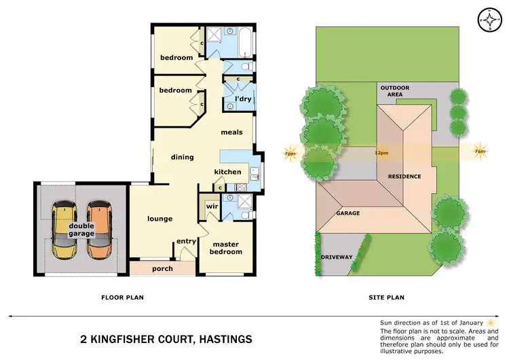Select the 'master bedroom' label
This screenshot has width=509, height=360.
click(x=227, y=248)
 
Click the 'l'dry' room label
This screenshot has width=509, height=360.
click(x=243, y=99)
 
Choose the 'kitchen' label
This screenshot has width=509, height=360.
click(x=227, y=172)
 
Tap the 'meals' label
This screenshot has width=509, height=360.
click(x=232, y=132)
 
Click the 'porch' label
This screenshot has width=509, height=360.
click(x=162, y=269)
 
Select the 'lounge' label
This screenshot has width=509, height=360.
click(x=160, y=219)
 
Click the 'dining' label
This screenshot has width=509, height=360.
click(x=183, y=157)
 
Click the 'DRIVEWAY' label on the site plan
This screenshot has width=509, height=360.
click(x=337, y=257)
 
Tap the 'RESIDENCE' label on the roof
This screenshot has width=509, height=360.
click(x=404, y=177)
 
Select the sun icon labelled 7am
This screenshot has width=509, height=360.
click(x=480, y=152)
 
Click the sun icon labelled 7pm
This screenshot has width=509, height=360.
click(x=290, y=154)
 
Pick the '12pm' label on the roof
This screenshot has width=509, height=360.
click(x=381, y=153)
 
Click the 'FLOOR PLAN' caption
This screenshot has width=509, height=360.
click(x=122, y=297)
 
